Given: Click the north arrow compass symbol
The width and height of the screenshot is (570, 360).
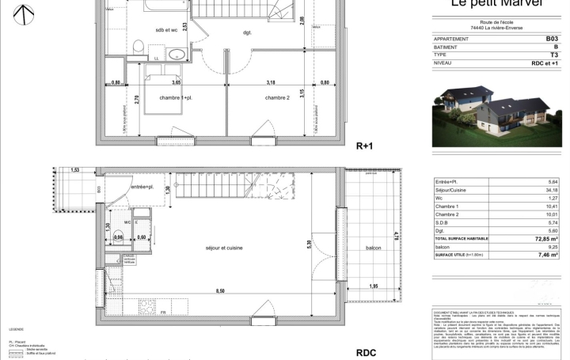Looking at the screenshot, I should [x=25, y=13].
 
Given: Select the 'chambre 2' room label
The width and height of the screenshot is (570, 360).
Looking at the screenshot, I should [x=276, y=97].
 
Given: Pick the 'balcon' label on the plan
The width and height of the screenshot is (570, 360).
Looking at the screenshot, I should [x=373, y=248].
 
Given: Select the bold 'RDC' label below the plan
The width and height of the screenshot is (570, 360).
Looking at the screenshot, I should [x=365, y=352].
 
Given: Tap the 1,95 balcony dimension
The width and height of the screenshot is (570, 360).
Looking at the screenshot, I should [x=374, y=286].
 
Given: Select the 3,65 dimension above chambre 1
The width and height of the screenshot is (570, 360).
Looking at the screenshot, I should [x=177, y=81].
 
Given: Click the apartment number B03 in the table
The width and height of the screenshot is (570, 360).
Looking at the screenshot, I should [x=552, y=38].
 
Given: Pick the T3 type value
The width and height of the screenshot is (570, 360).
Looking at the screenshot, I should [x=553, y=55].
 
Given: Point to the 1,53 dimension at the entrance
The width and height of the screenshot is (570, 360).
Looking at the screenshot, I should [x=75, y=170].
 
